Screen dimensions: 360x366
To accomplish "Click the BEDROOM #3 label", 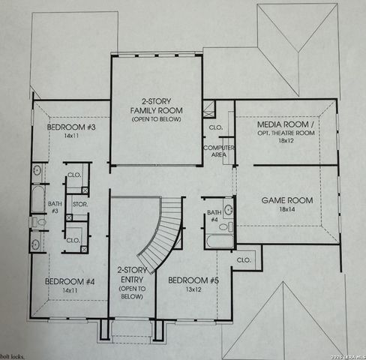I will [x=71, y=127].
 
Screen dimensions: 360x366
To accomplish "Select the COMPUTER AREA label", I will [x=219, y=151].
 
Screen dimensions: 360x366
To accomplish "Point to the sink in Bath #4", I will [x=229, y=211].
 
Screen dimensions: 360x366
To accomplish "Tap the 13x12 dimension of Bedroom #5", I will [x=193, y=289].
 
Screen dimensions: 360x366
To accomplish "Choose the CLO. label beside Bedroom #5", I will [x=244, y=259].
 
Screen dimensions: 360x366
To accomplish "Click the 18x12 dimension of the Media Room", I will [x=284, y=140].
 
